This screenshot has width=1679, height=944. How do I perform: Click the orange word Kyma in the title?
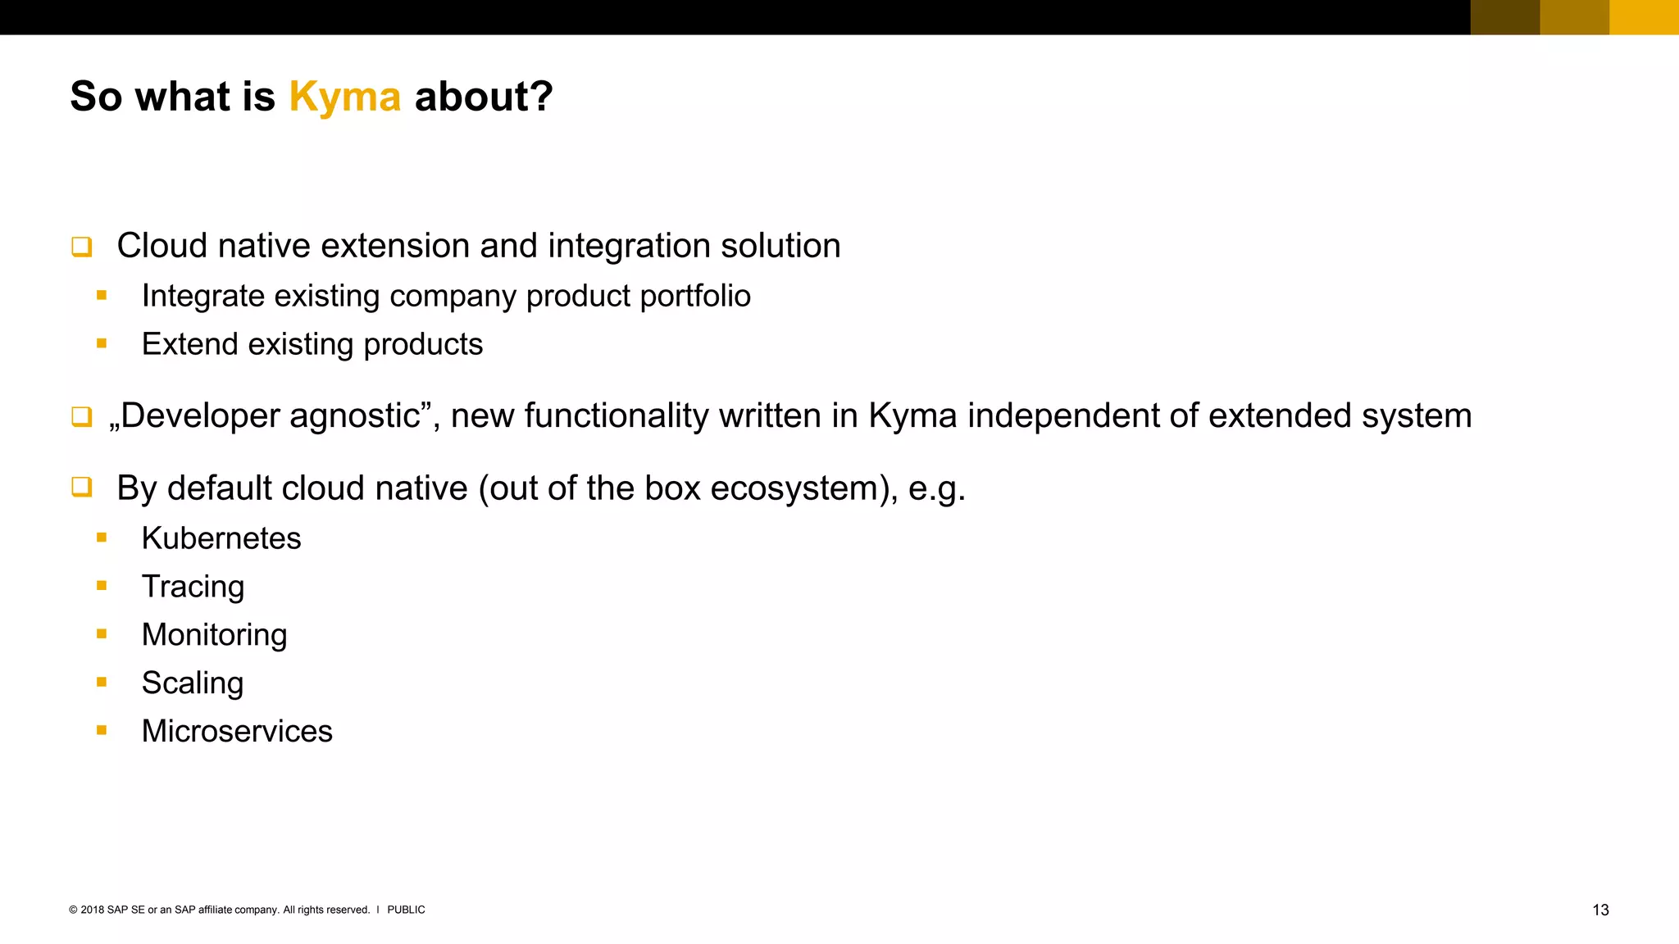click(344, 98)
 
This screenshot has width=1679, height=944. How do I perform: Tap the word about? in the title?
click(484, 97)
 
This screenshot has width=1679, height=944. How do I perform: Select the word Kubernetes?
click(221, 538)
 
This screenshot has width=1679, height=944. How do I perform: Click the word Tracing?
click(193, 587)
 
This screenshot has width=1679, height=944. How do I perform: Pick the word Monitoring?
click(214, 635)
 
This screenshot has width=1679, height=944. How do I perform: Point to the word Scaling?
click(192, 683)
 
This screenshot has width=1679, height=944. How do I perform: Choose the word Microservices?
click(237, 731)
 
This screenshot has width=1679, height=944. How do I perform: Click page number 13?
click(1600, 910)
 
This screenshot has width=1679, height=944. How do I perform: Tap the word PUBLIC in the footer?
click(406, 910)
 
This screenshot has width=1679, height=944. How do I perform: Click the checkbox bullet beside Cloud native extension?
click(81, 246)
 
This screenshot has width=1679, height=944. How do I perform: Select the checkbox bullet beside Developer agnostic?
click(81, 416)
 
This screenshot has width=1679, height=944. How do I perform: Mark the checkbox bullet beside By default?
click(81, 488)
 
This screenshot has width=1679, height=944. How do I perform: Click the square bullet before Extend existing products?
click(102, 344)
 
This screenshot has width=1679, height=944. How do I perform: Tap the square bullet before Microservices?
click(102, 730)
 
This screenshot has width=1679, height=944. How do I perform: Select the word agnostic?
click(355, 416)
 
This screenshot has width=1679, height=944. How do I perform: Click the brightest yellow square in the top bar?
click(1644, 17)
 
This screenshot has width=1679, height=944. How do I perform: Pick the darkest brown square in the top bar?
click(1505, 17)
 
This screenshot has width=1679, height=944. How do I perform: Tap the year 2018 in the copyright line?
click(93, 910)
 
